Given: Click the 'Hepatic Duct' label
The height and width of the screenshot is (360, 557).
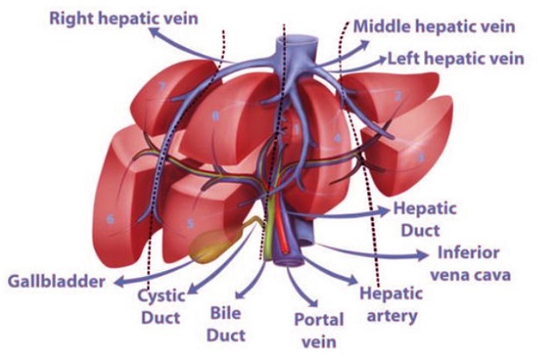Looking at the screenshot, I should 419,218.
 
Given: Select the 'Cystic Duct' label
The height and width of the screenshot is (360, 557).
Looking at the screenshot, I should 161,305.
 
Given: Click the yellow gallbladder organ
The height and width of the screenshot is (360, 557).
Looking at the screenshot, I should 212,247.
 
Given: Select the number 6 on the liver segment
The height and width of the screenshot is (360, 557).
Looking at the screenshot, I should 111,219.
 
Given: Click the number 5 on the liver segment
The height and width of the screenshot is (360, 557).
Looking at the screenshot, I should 190,224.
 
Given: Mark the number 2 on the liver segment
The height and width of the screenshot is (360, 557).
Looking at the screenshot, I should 398,94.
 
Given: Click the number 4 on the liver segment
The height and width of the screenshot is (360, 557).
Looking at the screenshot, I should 337,137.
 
